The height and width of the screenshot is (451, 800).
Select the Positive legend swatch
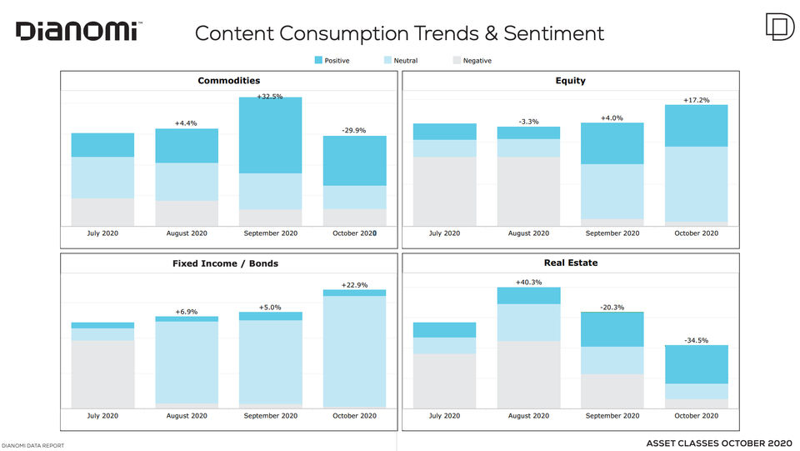[318, 60]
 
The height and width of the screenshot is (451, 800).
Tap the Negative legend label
[477, 61]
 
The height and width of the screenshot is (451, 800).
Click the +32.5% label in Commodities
[270, 96]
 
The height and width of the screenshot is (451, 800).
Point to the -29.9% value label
[354, 130]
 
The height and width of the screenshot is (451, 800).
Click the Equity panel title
[570, 81]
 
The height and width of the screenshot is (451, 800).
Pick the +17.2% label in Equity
[697, 100]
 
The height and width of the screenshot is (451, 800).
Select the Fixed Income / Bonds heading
[225, 263]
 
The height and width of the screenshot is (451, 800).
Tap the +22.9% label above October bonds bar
[355, 284]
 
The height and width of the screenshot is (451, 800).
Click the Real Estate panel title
[570, 263]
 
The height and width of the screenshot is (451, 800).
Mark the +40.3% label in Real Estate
[528, 282]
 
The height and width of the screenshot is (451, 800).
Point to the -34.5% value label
[697, 340]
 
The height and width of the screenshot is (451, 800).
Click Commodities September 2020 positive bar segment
[270, 135]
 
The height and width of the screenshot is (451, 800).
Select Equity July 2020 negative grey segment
[445, 191]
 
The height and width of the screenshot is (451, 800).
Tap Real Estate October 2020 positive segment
[697, 364]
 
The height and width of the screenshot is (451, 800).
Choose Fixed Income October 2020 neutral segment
[355, 352]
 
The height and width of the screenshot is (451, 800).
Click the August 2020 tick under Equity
[528, 233]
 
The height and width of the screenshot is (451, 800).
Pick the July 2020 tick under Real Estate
[444, 416]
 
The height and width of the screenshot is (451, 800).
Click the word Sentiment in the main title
[553, 33]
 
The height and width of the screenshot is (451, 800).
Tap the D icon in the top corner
[780, 27]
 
